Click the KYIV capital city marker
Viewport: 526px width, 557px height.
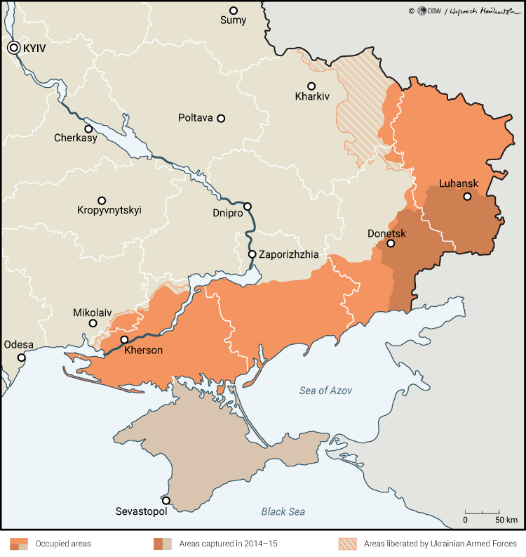pyautogui.click(x=14, y=48)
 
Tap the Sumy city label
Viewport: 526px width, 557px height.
pyautogui.click(x=234, y=20)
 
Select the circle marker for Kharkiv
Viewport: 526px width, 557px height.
pyautogui.click(x=311, y=86)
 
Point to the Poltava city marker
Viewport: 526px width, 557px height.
pyautogui.click(x=221, y=119)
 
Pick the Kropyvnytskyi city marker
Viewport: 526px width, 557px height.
pyautogui.click(x=102, y=200)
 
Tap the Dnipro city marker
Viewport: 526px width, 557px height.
pyautogui.click(x=247, y=207)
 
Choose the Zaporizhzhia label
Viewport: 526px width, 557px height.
pyautogui.click(x=288, y=254)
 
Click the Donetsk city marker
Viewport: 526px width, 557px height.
pyautogui.click(x=391, y=244)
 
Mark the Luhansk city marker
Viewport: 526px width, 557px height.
pyautogui.click(x=467, y=197)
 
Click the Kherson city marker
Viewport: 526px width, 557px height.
pyautogui.click(x=124, y=339)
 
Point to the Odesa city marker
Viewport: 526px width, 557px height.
pyautogui.click(x=22, y=358)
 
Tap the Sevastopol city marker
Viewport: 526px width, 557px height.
pyautogui.click(x=166, y=501)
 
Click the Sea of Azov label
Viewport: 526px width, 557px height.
pyautogui.click(x=325, y=391)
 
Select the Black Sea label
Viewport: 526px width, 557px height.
pyautogui.click(x=283, y=511)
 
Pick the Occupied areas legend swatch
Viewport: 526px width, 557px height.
pyautogui.click(x=19, y=544)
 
